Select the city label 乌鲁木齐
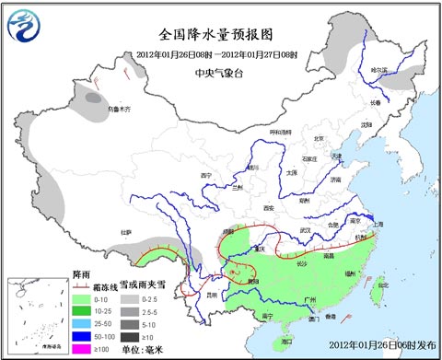pos(120,109)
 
